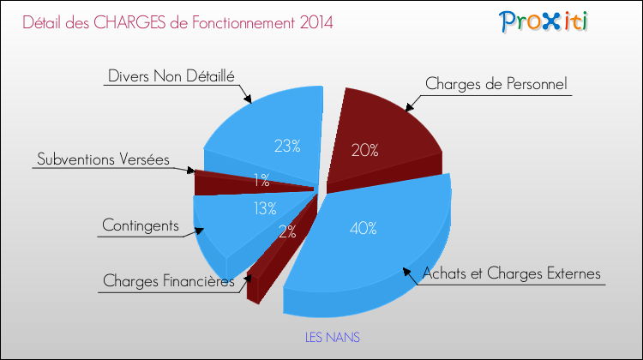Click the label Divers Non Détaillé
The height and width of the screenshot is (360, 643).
pyautogui.click(x=171, y=75)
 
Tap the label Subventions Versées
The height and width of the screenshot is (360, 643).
pyautogui.click(x=103, y=159)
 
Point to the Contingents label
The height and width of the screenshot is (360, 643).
pyautogui.click(x=140, y=225)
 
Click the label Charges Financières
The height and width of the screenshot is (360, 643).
pyautogui.click(x=168, y=281)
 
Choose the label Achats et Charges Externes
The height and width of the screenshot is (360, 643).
pyautogui.click(x=511, y=274)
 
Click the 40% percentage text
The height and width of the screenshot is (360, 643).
pyautogui.click(x=363, y=228)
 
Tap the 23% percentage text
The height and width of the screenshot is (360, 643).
pyautogui.click(x=285, y=146)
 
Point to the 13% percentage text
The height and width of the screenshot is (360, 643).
pyautogui.click(x=263, y=207)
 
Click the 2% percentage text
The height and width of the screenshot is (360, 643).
pyautogui.click(x=287, y=231)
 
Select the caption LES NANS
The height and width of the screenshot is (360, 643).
pyautogui.click(x=333, y=338)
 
